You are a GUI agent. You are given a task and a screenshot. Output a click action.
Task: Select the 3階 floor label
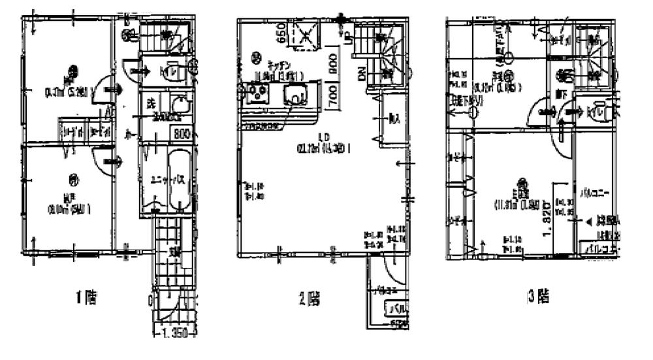[537, 297]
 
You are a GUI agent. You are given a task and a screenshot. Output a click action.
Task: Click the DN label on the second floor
[361, 75]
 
